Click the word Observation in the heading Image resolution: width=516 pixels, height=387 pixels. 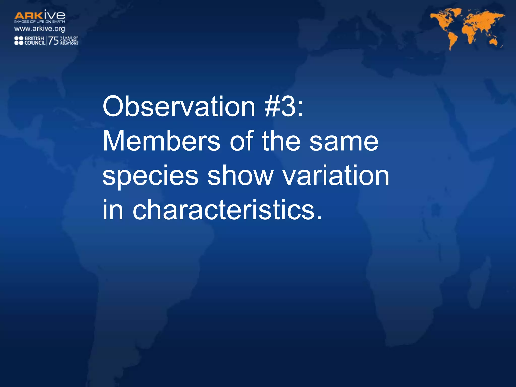pyautogui.click(x=179, y=107)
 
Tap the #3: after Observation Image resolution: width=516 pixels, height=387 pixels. pyautogui.click(x=284, y=107)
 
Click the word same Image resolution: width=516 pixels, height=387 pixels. pyautogui.click(x=344, y=142)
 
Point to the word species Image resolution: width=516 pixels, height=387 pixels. pyautogui.click(x=150, y=176)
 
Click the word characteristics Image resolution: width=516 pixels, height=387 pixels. pyautogui.click(x=227, y=210)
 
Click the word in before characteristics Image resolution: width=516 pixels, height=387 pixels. pyautogui.click(x=113, y=210)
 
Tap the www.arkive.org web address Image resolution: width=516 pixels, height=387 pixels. pyautogui.click(x=40, y=29)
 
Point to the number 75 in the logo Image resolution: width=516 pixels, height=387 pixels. pyautogui.click(x=53, y=40)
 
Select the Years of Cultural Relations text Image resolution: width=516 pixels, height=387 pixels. pyautogui.click(x=69, y=40)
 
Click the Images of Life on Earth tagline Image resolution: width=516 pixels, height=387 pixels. pyautogui.click(x=40, y=22)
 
